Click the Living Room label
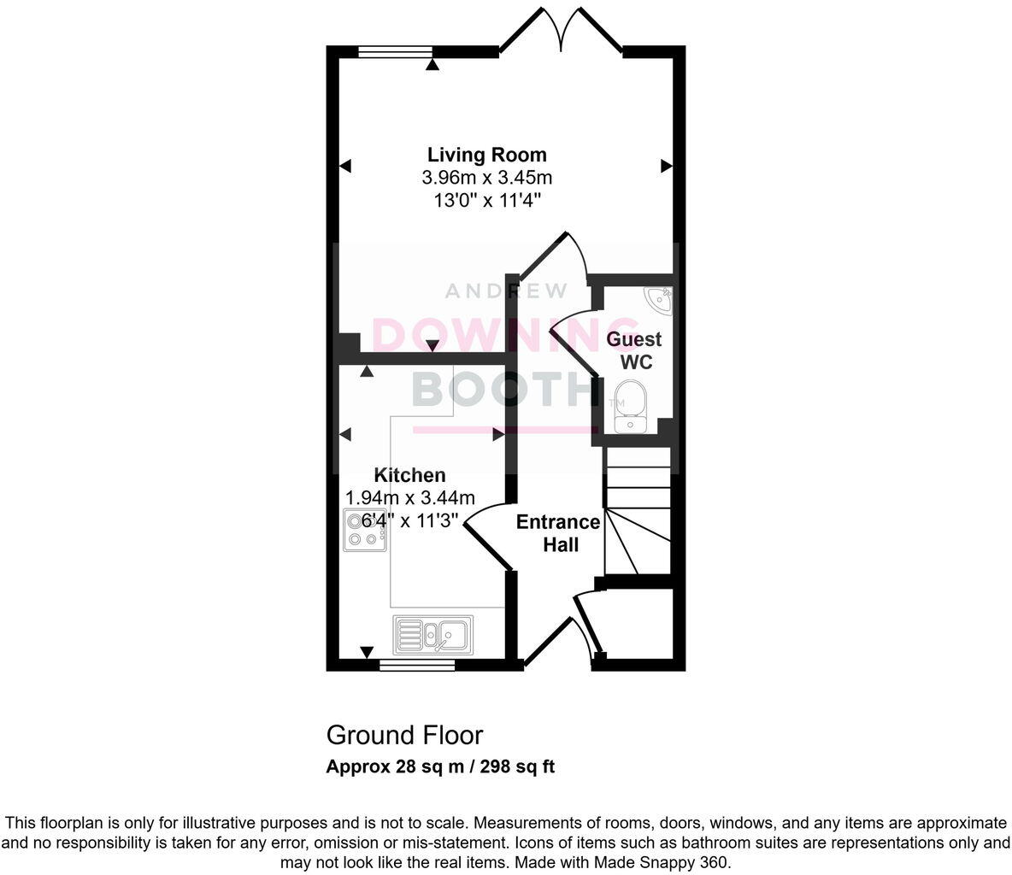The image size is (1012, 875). point(486,155)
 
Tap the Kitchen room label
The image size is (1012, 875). point(409,475)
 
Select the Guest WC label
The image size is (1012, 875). point(634,350)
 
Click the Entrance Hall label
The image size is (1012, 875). point(558,532)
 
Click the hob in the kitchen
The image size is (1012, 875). point(363,529)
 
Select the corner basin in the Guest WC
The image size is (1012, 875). point(661,299)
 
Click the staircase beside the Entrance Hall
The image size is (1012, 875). point(637,513)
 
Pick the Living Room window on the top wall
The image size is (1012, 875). point(395,52)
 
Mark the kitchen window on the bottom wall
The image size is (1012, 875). point(417,665)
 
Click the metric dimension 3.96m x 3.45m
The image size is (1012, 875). point(486,178)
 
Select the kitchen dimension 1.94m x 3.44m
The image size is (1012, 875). point(409,497)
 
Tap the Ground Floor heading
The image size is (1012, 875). point(404,735)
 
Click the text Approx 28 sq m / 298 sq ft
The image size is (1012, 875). point(440,766)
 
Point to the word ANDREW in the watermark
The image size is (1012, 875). point(506,291)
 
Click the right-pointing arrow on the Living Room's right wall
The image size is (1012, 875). point(666,167)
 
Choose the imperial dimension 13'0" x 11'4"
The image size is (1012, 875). point(486,201)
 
